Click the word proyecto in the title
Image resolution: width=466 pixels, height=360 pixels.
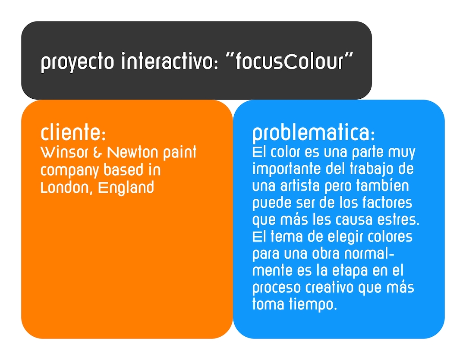click(x=77, y=62)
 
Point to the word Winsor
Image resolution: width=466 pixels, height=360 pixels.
click(x=64, y=152)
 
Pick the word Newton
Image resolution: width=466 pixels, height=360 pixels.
click(x=132, y=152)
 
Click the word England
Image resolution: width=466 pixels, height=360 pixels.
click(x=126, y=188)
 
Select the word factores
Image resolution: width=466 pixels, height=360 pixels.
click(x=387, y=203)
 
